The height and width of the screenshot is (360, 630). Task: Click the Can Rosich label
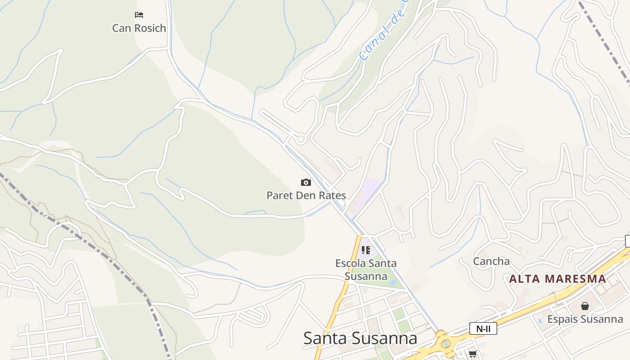click(139, 28)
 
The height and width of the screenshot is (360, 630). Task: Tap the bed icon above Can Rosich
click(139, 15)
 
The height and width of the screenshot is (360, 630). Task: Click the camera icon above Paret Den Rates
click(306, 182)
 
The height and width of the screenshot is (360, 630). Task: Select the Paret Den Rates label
click(306, 195)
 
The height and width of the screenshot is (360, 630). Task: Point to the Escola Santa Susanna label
click(366, 269)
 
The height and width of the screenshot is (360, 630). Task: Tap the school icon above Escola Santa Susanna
click(365, 250)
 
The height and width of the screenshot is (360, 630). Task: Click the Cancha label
click(491, 261)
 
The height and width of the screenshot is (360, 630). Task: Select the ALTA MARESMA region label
click(558, 279)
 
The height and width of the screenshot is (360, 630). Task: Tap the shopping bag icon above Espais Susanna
click(585, 306)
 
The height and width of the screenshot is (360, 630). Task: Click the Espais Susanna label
click(585, 319)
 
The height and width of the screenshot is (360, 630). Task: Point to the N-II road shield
click(483, 328)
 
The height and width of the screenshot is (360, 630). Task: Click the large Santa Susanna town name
click(360, 338)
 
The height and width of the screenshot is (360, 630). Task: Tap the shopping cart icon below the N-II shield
click(472, 354)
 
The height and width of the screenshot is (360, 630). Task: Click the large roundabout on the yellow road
click(445, 343)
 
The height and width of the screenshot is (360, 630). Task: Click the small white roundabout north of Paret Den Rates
click(301, 139)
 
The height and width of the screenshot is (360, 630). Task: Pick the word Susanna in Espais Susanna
click(603, 319)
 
